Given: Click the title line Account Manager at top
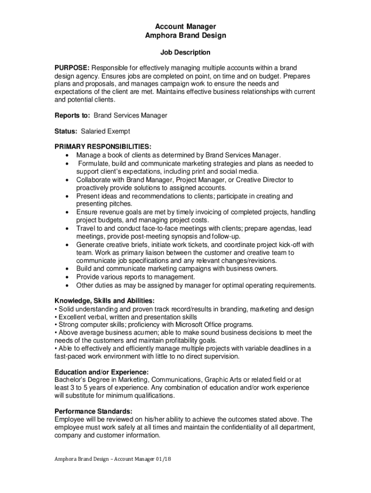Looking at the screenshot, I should point(185,26).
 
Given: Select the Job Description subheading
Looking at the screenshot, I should point(185,52).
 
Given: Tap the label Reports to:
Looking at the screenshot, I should point(72,116).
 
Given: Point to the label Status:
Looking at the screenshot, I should point(65,131).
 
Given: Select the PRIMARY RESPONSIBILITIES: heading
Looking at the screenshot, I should point(103,146).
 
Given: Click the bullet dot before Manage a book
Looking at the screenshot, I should point(66,156).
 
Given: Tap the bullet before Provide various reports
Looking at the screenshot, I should point(66,277).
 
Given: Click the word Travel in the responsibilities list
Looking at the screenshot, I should point(85,228).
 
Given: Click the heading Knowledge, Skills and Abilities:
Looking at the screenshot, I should point(105,300).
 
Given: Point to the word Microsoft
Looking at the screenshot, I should point(187,324).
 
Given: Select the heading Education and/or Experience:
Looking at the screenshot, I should point(101,372).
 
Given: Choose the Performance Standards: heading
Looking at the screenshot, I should point(93,411).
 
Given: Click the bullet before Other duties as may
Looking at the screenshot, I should point(66,285).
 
